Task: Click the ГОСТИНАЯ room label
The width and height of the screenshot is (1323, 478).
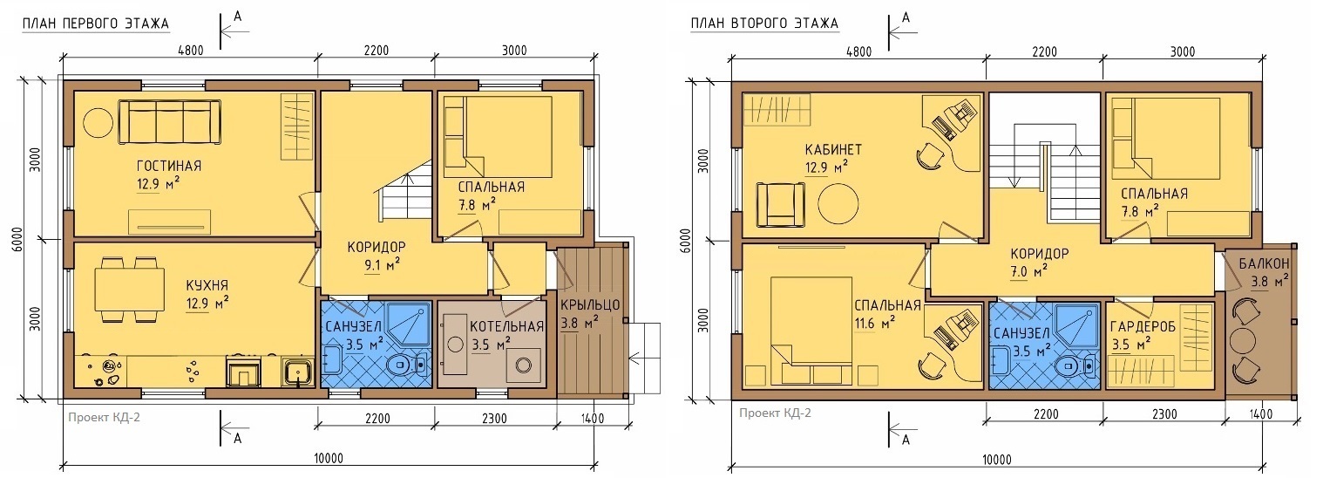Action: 169,166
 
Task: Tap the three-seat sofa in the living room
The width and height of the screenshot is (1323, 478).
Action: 170,122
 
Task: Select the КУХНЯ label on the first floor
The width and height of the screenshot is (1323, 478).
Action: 207,285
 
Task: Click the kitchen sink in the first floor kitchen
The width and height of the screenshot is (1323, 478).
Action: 296,372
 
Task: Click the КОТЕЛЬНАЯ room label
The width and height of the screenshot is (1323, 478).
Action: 506,327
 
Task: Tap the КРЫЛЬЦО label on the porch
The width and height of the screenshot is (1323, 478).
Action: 590,305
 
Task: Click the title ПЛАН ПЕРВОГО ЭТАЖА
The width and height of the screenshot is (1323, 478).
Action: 96,24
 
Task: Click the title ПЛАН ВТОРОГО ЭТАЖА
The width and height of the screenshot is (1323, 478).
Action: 765,24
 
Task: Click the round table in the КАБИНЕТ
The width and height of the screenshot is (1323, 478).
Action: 838,202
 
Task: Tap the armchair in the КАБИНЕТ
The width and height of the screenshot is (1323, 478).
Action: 782,204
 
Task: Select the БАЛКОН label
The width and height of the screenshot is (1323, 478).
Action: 1264,263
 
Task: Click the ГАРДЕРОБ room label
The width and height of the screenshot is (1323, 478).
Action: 1143,327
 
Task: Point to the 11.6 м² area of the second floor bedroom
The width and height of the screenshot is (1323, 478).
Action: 875,323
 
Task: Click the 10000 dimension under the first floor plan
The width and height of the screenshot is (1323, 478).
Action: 329,458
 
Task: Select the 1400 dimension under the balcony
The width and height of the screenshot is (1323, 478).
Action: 1260,415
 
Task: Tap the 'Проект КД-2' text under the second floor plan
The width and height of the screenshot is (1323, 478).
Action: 775,413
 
